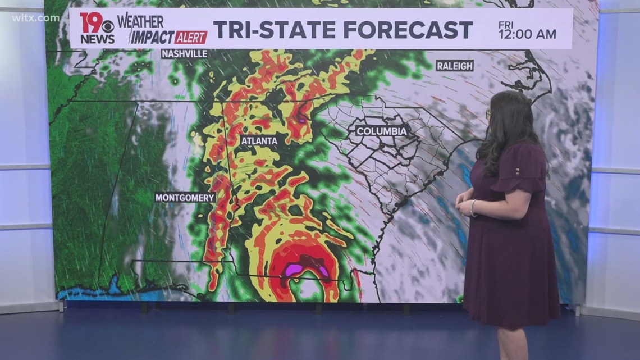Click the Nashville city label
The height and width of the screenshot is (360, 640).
coord(184,54)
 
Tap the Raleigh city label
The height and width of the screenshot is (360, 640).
coord(454,66)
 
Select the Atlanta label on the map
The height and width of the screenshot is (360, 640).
coord(259,140)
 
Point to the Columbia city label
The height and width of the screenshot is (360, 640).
coord(381,131)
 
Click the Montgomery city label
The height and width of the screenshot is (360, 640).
coord(185,198)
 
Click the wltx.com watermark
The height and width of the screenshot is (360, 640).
coord(35,18)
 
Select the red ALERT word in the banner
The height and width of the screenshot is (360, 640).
coord(191,38)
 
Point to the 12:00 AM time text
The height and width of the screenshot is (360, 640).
coord(527,35)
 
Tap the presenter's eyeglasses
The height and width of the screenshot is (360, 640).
coord(488,114)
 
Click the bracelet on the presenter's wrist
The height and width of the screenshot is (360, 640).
coord(473,208)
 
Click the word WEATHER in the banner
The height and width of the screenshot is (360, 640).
coord(140,21)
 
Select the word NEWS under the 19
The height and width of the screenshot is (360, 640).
coord(97,39)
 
